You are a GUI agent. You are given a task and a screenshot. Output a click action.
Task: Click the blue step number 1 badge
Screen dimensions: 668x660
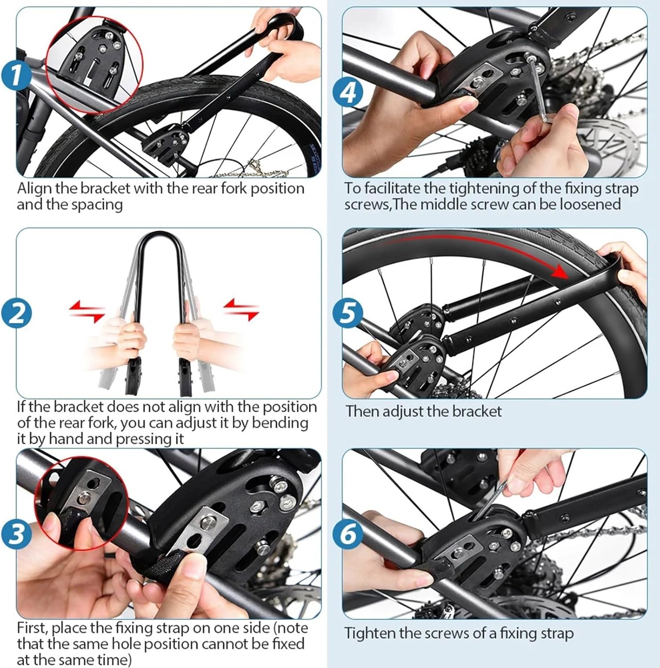click(x=16, y=73)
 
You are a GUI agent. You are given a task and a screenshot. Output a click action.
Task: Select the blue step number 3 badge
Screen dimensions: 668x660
click(x=16, y=533)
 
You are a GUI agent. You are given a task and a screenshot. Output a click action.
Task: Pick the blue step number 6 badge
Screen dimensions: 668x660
click(x=348, y=533)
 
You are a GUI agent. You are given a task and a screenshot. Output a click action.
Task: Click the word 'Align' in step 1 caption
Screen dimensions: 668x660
click(x=34, y=189)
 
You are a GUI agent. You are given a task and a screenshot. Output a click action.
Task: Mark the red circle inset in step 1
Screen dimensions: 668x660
click(x=95, y=65)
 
